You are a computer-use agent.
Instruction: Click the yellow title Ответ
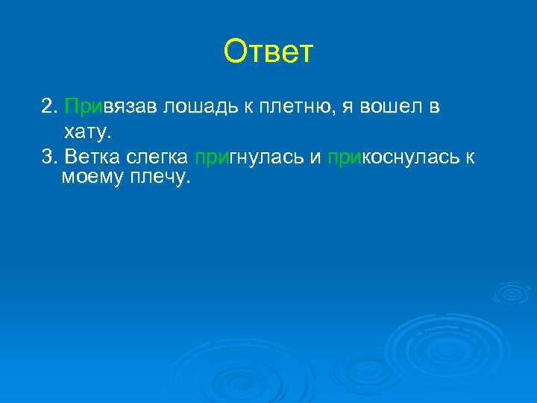(268, 52)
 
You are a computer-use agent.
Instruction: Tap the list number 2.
(49, 107)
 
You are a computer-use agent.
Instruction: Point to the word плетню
(292, 107)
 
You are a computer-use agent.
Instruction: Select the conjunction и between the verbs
(314, 157)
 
